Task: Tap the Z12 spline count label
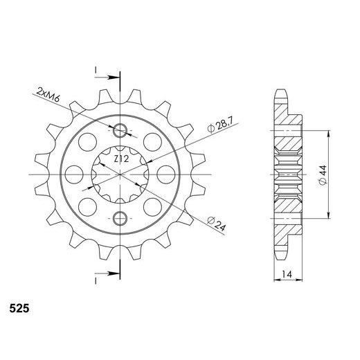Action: point(121,160)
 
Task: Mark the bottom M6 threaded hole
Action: point(121,219)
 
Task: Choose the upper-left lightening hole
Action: point(88,141)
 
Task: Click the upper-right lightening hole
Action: point(154,141)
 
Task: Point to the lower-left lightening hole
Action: point(88,206)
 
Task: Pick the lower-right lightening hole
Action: point(154,206)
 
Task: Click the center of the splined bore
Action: point(121,174)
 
